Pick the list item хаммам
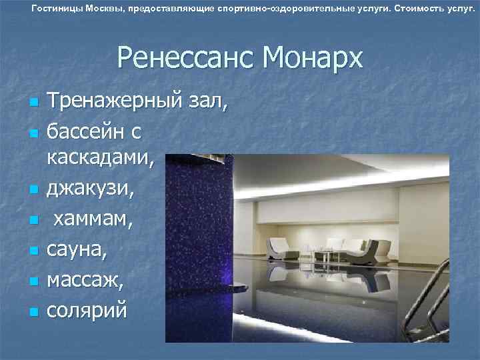[x=93, y=219]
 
